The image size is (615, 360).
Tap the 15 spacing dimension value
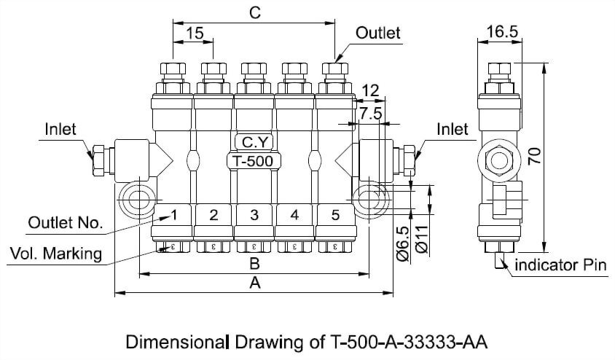194,34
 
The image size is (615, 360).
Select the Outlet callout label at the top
378,34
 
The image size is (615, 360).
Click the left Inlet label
60,129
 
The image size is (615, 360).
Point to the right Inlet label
453,129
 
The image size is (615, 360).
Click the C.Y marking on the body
254,142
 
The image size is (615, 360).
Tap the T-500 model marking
254,161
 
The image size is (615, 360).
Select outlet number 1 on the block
173,215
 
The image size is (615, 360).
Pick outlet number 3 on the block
254,215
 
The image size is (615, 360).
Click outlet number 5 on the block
335,215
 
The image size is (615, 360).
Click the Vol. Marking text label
56,254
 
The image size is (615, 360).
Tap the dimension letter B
254,263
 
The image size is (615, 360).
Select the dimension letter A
254,283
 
